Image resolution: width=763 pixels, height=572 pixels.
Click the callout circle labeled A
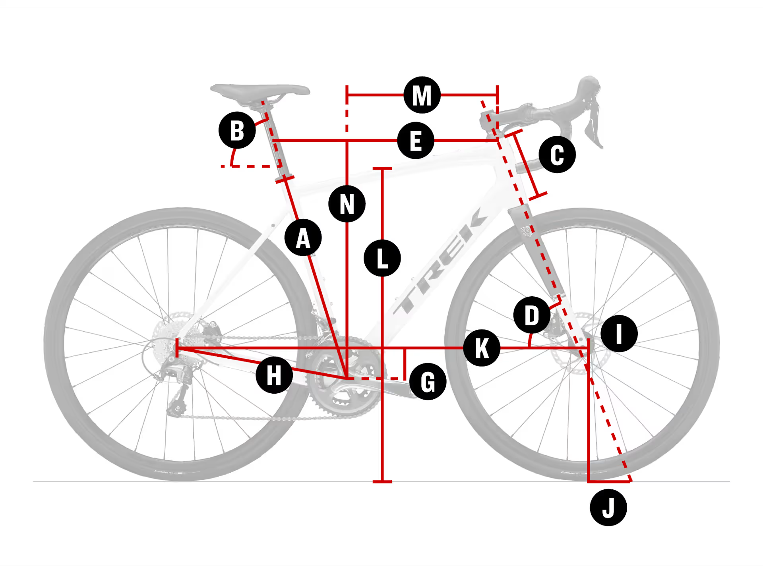click(x=303, y=238)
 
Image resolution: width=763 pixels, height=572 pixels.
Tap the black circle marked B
click(x=237, y=130)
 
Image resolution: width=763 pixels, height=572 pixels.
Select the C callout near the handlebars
click(x=557, y=154)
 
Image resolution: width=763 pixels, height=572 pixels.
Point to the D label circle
click(x=532, y=315)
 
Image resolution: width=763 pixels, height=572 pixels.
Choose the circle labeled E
click(x=416, y=141)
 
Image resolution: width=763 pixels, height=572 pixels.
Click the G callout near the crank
click(x=428, y=381)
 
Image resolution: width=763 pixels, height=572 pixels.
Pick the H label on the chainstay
click(x=274, y=375)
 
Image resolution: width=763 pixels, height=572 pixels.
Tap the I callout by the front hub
click(x=619, y=334)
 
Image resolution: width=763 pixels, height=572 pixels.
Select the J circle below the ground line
click(x=608, y=508)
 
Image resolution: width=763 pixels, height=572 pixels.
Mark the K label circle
click(x=482, y=348)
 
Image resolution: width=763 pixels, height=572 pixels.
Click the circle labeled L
click(x=382, y=258)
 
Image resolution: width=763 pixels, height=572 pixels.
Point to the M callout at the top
click(x=422, y=95)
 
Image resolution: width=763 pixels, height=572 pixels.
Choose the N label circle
click(x=347, y=204)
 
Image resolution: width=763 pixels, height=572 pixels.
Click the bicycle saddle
click(x=260, y=91)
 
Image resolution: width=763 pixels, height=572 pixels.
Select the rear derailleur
click(x=175, y=387)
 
